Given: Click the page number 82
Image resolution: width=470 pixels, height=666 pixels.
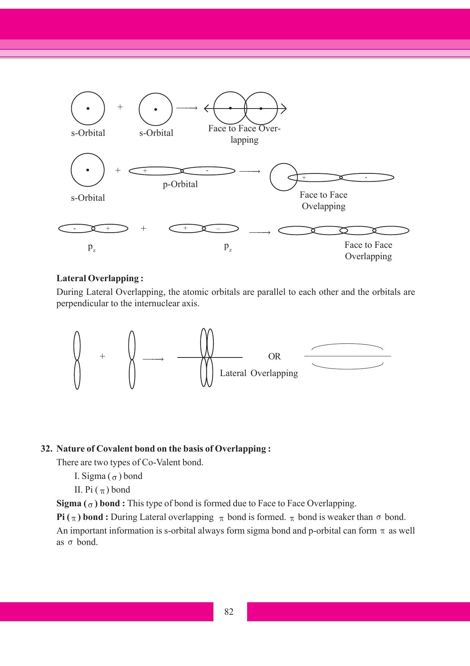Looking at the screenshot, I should tap(229, 612).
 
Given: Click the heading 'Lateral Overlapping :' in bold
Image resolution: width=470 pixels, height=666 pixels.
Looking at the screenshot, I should tap(100, 279).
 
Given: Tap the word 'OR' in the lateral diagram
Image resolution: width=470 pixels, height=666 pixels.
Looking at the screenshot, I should tap(274, 357).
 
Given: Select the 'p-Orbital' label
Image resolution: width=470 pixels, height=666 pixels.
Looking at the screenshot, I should tap(180, 184).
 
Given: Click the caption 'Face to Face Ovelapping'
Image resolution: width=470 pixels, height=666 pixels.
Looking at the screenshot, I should tap(323, 201).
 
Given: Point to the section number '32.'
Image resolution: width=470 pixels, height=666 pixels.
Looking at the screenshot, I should tap(46, 449).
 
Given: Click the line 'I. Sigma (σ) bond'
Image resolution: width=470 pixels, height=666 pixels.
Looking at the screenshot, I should tap(108, 476).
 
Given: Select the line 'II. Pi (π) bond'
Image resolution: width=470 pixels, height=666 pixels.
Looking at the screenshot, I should tap(102, 490).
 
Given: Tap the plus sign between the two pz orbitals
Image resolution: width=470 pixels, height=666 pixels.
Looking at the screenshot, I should tap(143, 228).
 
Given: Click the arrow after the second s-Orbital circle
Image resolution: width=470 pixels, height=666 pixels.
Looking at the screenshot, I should tap(187, 109).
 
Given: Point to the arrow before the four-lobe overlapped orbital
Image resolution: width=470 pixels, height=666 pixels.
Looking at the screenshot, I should tap(260, 232).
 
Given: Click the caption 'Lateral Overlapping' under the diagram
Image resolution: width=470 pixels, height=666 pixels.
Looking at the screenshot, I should tap(259, 373).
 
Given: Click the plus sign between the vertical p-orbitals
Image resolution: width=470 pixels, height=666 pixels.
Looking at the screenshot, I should tap(102, 356).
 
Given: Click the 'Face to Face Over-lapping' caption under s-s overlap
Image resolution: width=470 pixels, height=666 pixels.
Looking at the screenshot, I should tap(244, 134).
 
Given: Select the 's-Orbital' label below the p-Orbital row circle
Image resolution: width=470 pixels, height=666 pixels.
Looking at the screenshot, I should tap(88, 198).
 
